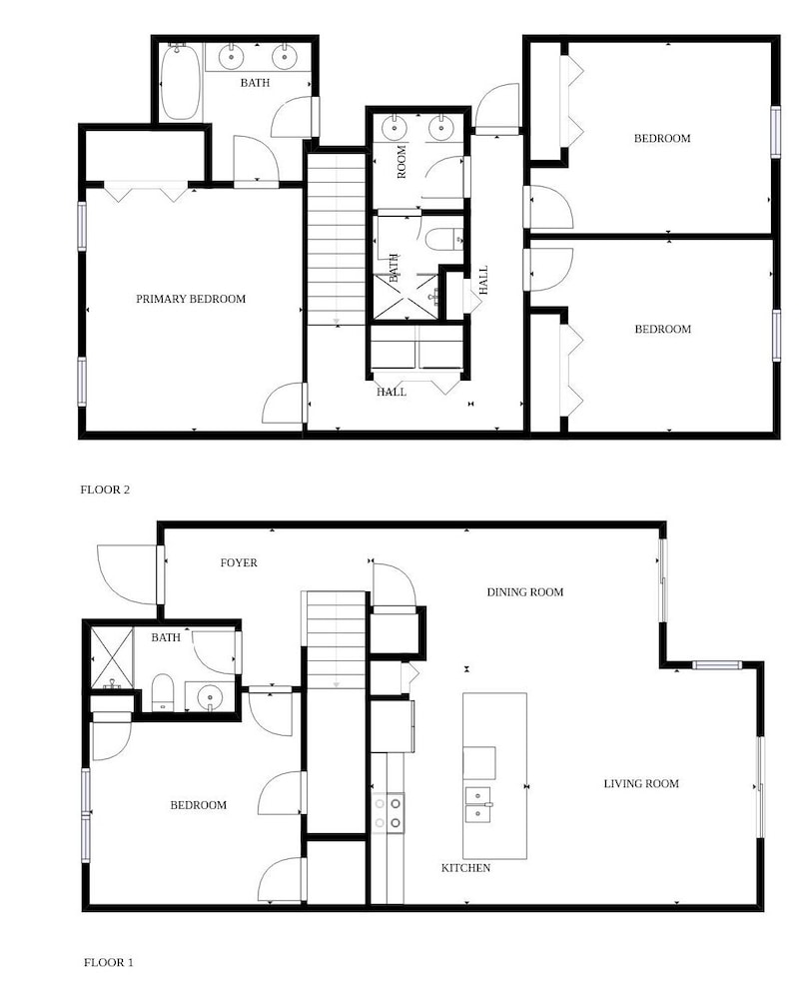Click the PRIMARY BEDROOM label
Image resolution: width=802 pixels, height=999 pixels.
191,299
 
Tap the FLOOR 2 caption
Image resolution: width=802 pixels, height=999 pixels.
105,490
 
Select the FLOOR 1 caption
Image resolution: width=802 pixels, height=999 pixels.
108,963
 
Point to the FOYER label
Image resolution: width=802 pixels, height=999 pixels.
239,562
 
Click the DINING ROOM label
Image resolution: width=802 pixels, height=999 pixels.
525,591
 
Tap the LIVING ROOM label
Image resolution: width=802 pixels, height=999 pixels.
641,783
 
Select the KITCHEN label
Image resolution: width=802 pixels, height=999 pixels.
465,868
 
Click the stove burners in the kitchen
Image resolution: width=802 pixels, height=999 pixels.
388,813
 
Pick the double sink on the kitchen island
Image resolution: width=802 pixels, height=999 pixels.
477,804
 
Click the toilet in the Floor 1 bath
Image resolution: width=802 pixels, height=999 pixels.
163,692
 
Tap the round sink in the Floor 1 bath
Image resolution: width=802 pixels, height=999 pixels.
210,696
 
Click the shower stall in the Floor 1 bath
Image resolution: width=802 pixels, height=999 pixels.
112,658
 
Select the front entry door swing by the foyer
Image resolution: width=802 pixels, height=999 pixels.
128,574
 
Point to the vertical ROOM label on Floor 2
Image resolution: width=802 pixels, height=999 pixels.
401,162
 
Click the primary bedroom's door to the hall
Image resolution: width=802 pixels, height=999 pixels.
285,404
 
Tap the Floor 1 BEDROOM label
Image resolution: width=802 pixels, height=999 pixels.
198,805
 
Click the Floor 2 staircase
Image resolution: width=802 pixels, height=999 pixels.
337,240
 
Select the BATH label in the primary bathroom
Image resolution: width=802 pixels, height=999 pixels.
255,83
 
